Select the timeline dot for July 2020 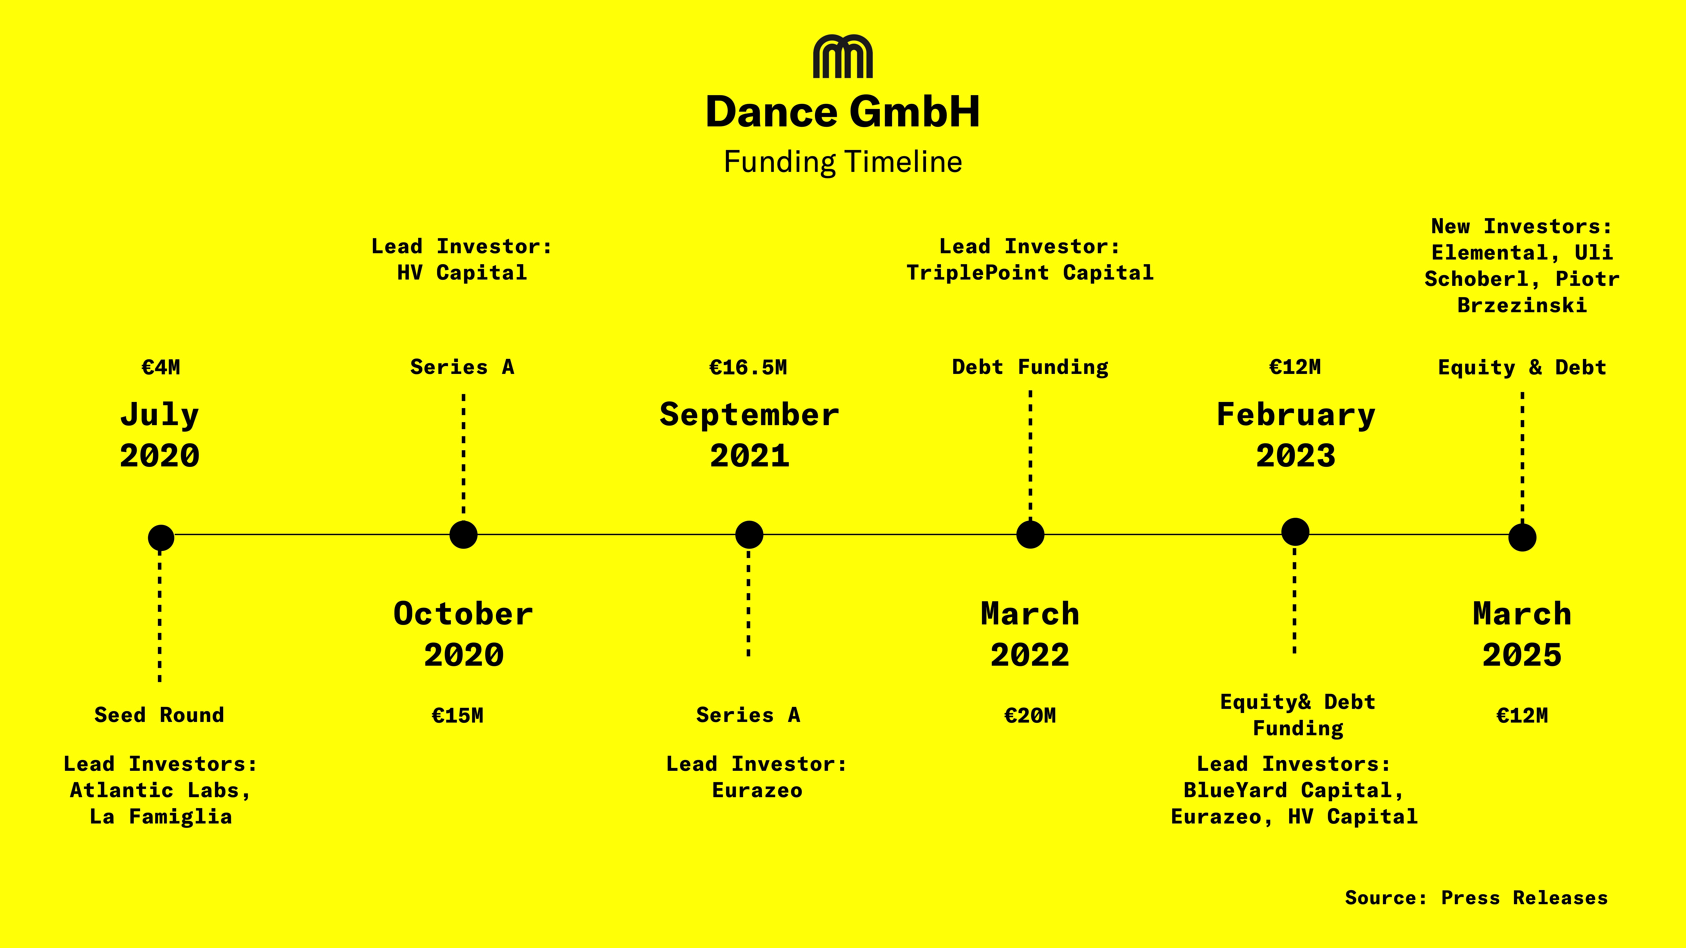pos(161,538)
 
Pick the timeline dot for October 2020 pos(463,534)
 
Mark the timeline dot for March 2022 pos(1030,534)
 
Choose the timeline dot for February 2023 pos(1295,531)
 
